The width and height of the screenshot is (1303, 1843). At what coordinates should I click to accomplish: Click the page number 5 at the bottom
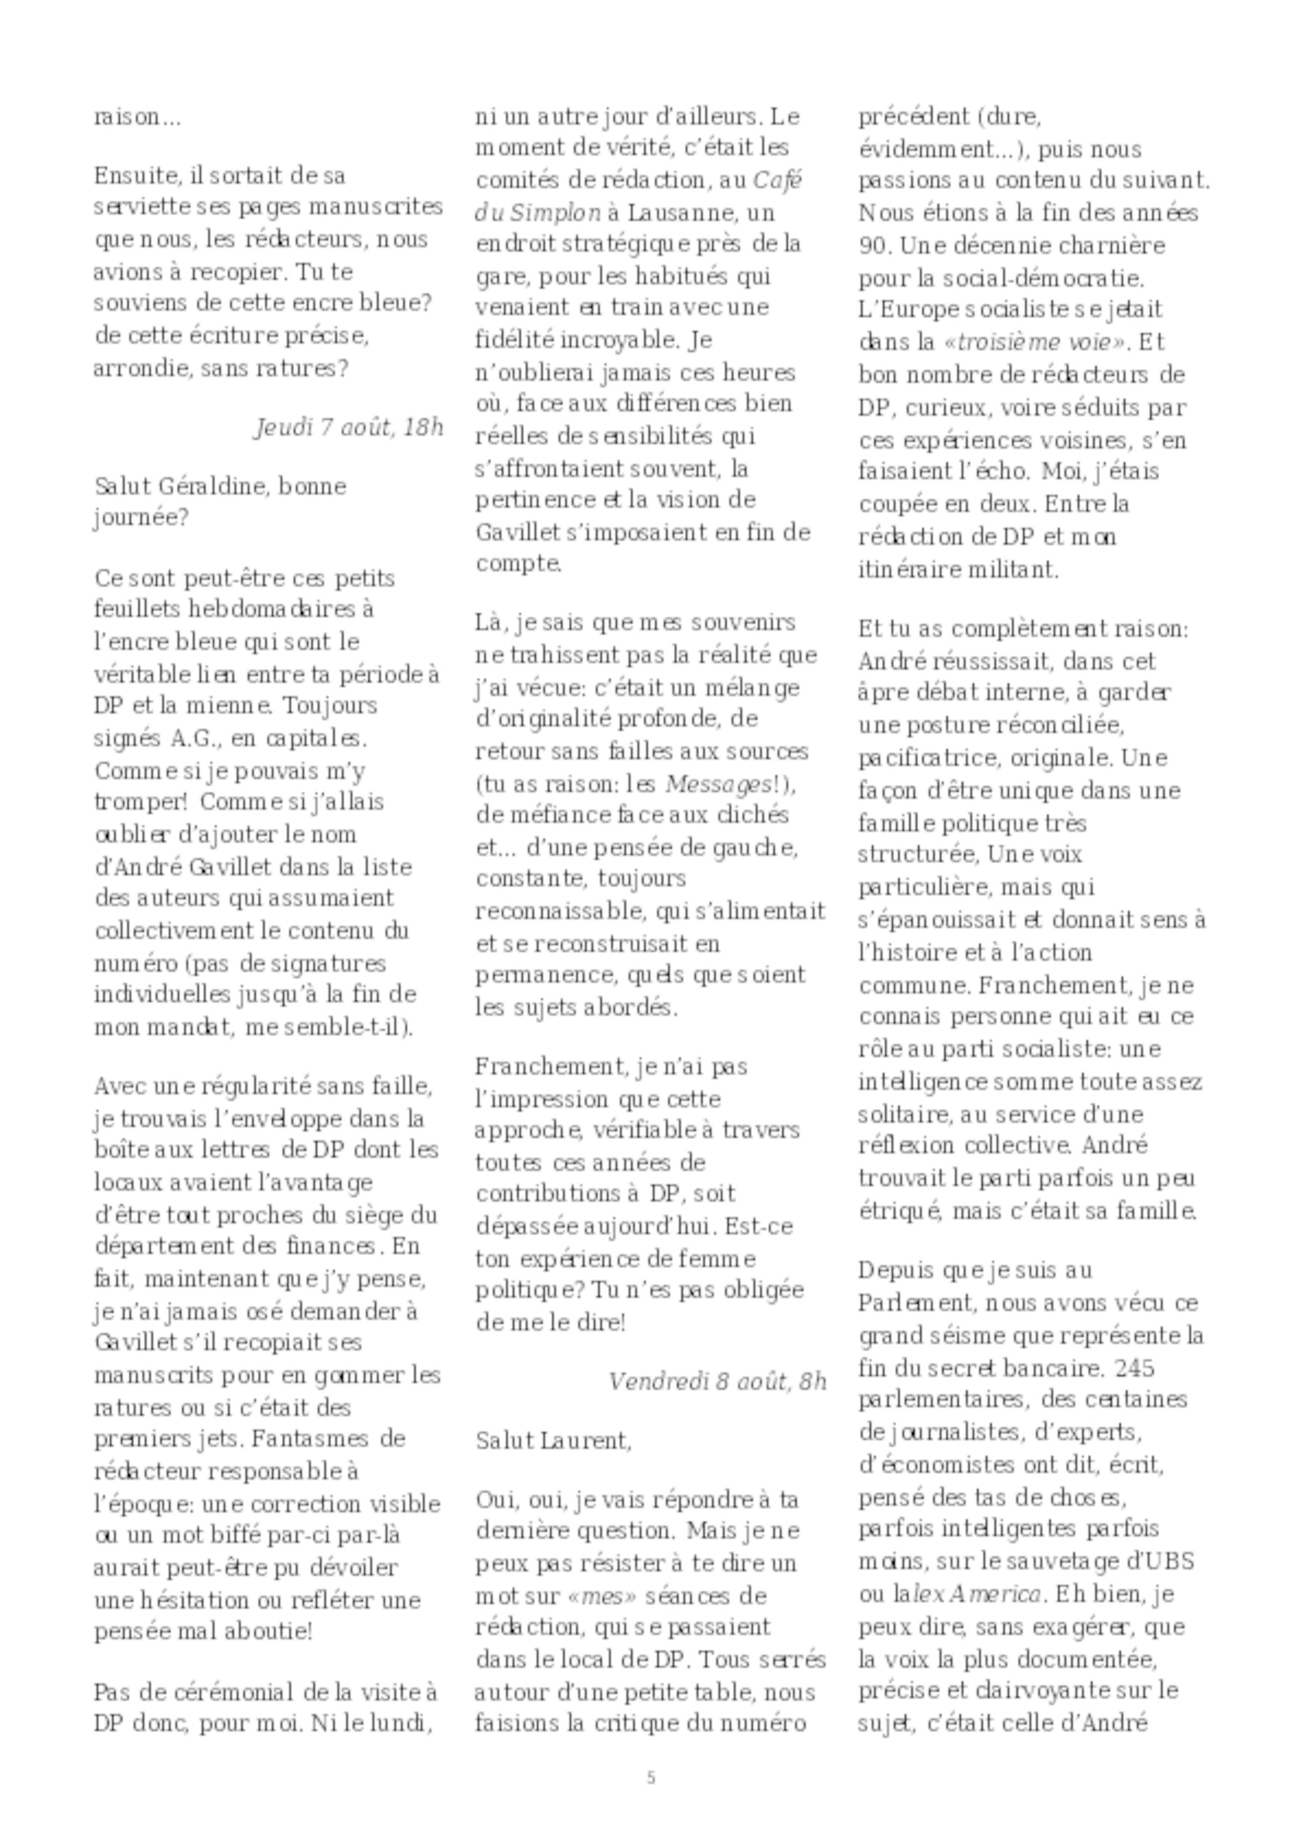click(650, 1778)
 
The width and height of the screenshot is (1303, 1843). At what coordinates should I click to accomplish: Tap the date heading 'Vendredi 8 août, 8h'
click(717, 1381)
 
